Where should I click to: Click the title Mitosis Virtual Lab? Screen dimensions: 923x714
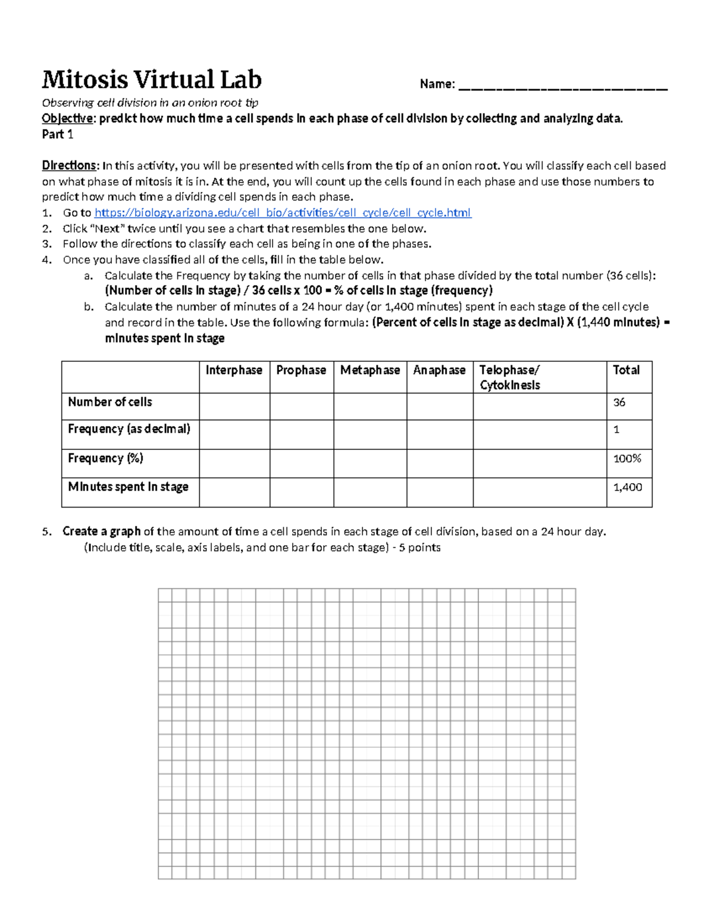point(152,80)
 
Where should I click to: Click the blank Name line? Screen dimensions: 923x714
point(563,87)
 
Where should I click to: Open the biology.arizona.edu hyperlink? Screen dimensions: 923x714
point(283,213)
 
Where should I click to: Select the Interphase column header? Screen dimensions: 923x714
point(234,370)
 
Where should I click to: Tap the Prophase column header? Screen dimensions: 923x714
point(301,370)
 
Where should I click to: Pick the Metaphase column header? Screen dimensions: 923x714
point(370,370)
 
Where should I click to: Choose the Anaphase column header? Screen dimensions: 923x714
point(439,370)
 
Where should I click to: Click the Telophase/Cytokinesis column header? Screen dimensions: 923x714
point(510,377)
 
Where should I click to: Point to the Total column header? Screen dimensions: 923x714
point(626,370)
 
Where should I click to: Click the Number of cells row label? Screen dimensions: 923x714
point(110,402)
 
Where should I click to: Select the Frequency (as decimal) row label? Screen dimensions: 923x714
point(129,429)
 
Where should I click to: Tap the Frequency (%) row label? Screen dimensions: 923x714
point(105,458)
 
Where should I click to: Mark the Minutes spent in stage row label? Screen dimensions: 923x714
point(128,487)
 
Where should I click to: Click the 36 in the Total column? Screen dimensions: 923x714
point(619,403)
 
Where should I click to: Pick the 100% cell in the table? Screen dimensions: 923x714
point(627,459)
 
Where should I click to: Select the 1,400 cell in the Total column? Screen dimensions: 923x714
point(628,487)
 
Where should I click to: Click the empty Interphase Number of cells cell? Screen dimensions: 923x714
point(234,407)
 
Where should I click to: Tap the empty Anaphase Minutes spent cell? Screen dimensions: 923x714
point(440,492)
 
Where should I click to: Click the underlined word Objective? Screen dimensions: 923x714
point(67,119)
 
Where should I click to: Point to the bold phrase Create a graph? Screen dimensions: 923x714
point(102,531)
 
